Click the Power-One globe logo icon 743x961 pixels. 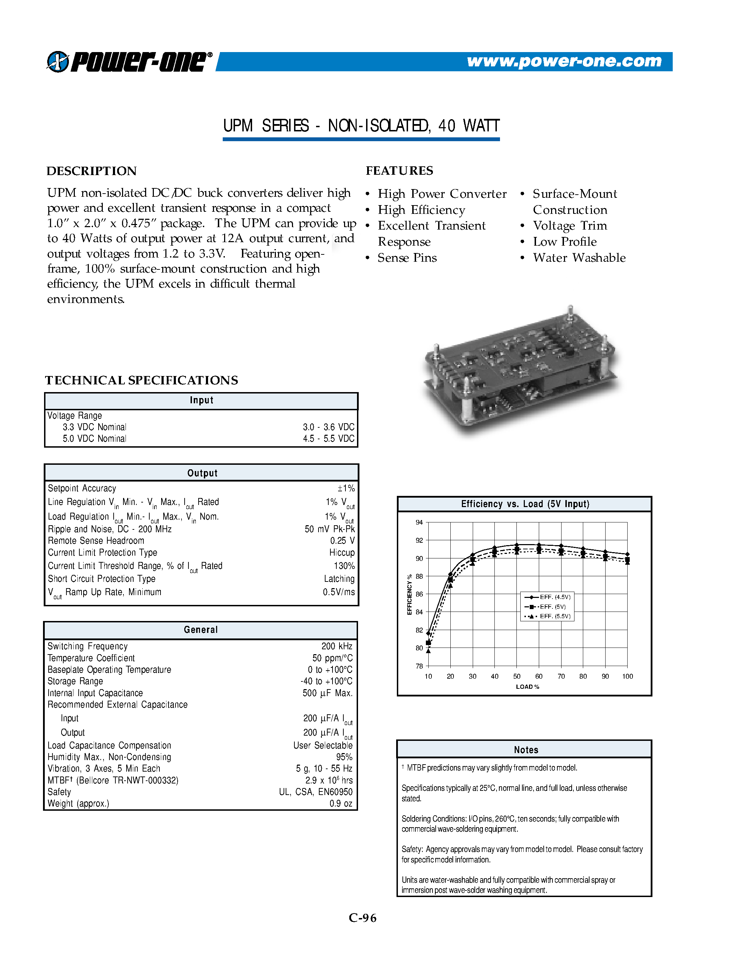58,62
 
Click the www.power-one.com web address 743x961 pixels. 564,61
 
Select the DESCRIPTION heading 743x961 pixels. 92,171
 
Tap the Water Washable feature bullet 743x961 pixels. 579,258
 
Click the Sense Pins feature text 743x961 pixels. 407,258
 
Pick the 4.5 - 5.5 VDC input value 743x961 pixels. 328,439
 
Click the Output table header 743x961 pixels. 202,473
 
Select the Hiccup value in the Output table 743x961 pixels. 342,553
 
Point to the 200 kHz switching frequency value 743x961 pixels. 336,646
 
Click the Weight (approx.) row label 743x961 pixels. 78,803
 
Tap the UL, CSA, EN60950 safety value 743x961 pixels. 316,792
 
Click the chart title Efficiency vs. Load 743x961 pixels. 525,504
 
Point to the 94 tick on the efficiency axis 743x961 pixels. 419,522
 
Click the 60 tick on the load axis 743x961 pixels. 539,676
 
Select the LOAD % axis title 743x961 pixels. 527,687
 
